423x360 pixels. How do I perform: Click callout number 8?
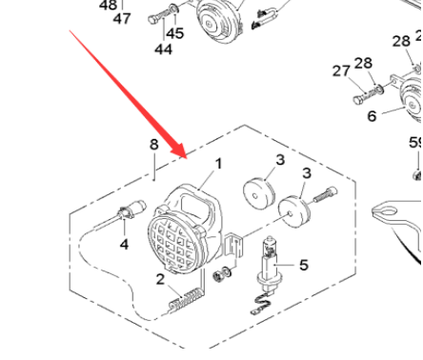pos(154,145)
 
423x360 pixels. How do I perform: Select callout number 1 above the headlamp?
pos(218,164)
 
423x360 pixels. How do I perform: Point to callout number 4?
pos(124,244)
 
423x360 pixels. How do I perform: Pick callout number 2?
pos(160,279)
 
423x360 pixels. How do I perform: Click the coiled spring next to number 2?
pos(186,301)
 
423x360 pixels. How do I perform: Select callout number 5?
pos(304,265)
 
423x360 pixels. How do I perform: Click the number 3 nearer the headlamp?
pos(280,160)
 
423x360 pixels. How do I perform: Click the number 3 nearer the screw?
pos(306,173)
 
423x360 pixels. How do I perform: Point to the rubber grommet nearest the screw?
pos(294,211)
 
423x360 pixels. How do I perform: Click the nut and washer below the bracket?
pos(222,273)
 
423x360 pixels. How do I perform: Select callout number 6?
pos(372,116)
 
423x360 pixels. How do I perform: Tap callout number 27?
pos(341,70)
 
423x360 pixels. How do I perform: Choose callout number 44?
pos(164,50)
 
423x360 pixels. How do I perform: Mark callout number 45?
pos(174,33)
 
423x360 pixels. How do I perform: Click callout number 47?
pos(122,18)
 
